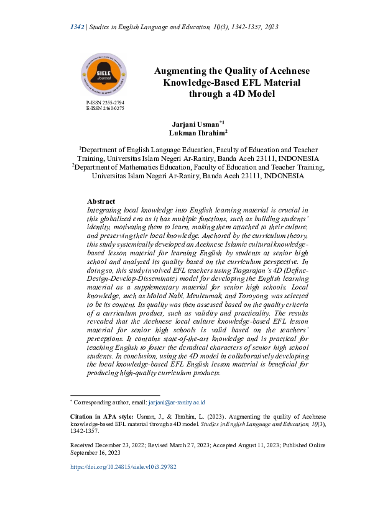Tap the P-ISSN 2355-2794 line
tap(105, 102)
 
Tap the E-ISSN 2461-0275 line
tap(105, 108)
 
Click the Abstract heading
tap(101, 202)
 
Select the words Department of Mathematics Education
tap(140, 167)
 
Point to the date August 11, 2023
tap(239, 445)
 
